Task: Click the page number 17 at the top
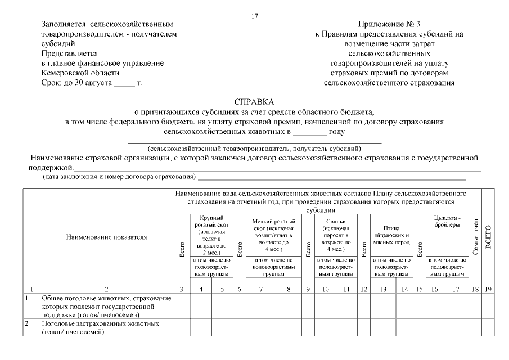pos(255,16)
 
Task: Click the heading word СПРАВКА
pos(254,102)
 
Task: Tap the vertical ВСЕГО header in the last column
pos(488,236)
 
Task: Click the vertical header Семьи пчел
pos(475,236)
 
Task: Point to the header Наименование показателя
pos(106,237)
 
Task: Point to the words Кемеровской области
pos(81,73)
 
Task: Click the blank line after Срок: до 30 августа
pos(124,83)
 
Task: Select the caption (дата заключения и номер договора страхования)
pos(119,177)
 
